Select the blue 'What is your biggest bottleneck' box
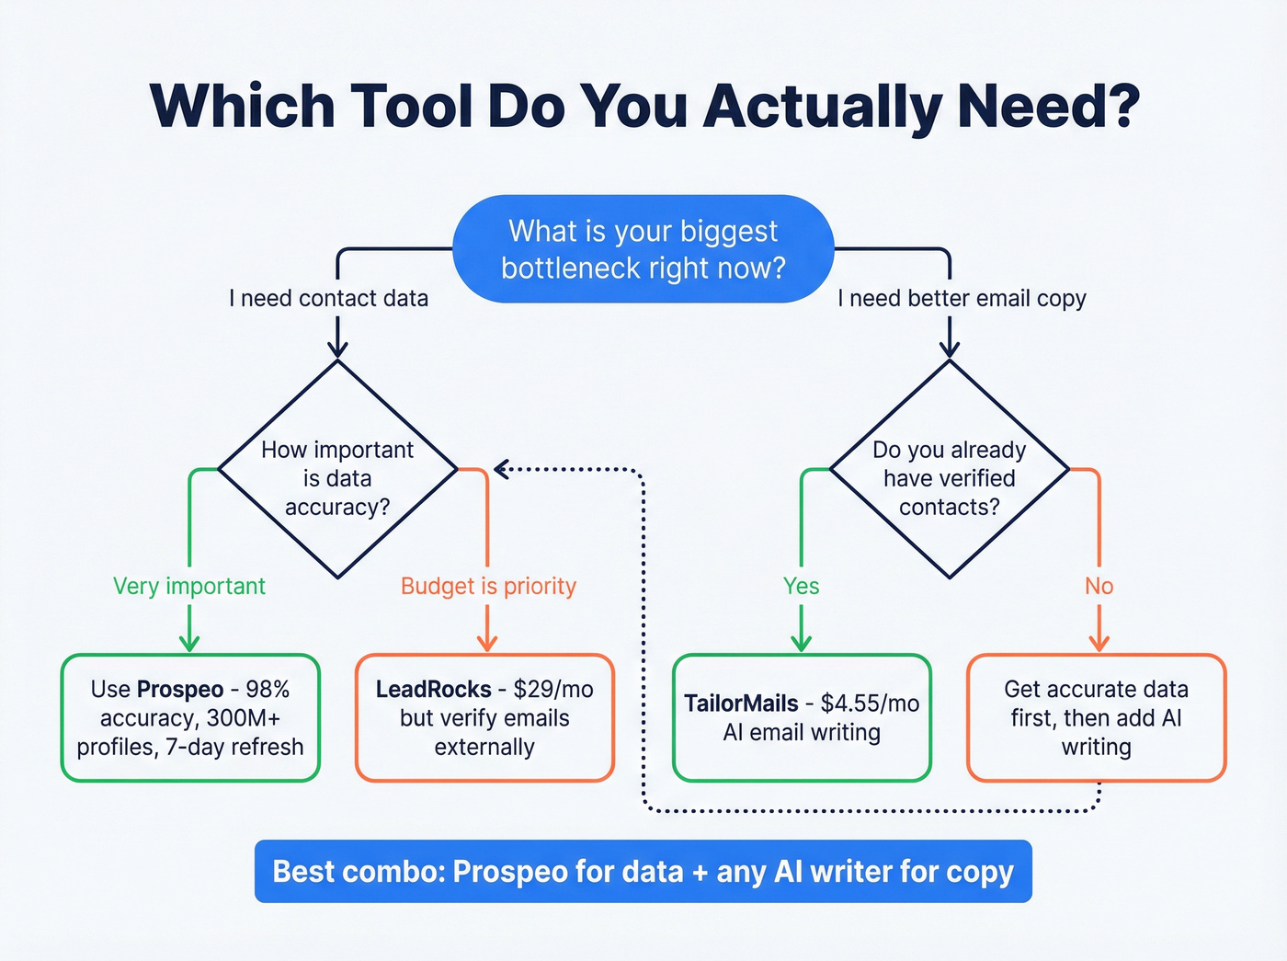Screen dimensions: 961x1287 tap(643, 249)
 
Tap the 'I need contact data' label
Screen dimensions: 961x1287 tap(328, 298)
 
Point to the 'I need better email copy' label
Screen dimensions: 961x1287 tap(962, 298)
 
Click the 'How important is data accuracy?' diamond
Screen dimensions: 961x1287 tap(337, 470)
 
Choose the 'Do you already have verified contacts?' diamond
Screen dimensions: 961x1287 tap(950, 470)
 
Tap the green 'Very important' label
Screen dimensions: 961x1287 tap(189, 586)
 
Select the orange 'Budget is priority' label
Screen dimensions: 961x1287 tap(488, 586)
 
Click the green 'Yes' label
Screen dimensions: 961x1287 tap(801, 586)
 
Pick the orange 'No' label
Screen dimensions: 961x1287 tap(1099, 586)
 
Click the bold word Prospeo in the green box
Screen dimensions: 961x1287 tap(180, 690)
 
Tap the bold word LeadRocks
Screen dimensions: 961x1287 tap(433, 690)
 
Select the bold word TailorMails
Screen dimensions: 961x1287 tap(741, 704)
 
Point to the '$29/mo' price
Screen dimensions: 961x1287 tap(553, 690)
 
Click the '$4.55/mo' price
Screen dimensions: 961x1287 tap(870, 704)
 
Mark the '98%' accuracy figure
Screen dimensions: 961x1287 tap(268, 690)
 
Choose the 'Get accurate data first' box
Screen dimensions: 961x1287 tap(1096, 718)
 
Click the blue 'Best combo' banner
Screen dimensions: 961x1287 tap(643, 871)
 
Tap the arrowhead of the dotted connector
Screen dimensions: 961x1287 tap(501, 470)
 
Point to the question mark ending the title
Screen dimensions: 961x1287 tap(1121, 106)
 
